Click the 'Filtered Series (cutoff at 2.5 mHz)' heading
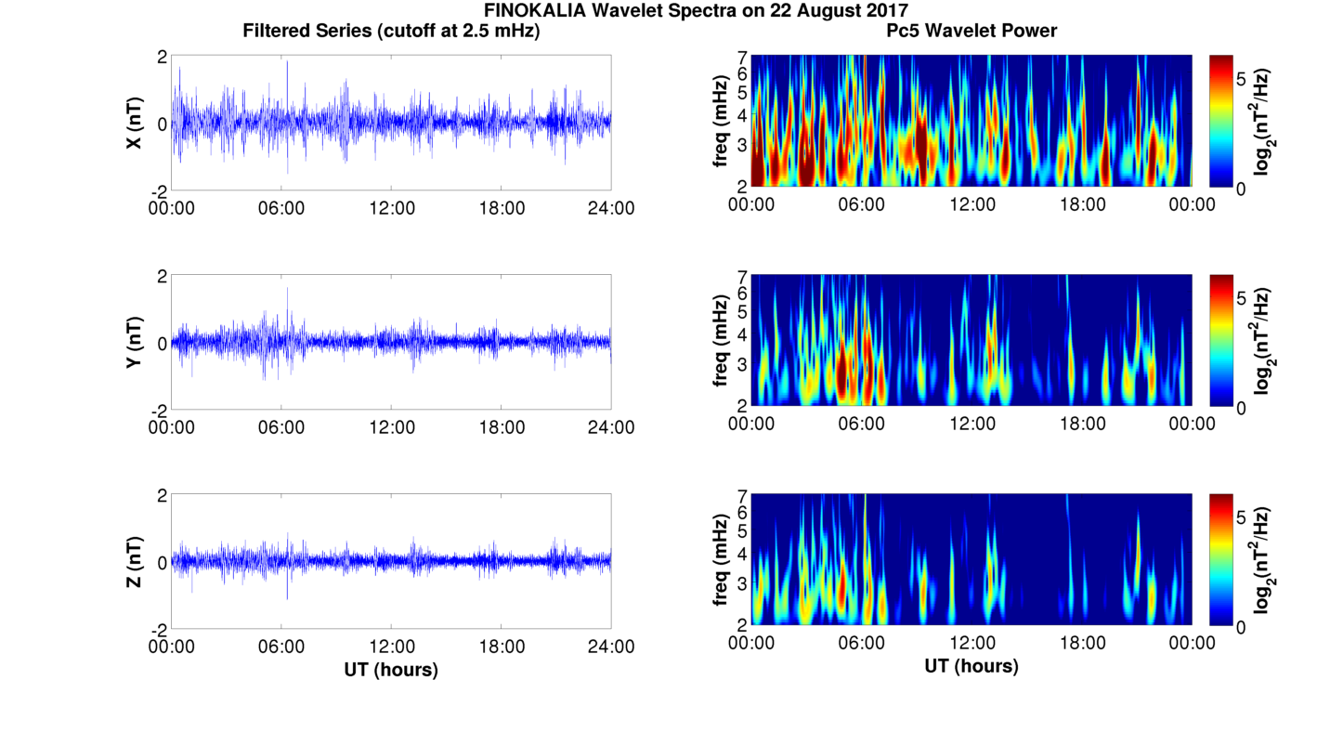[391, 31]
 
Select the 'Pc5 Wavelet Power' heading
[971, 31]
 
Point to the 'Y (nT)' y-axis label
[134, 342]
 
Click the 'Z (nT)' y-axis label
[134, 561]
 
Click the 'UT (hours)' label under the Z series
[391, 669]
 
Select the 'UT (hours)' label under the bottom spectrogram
[971, 666]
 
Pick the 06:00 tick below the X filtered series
[281, 208]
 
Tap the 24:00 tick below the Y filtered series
[611, 427]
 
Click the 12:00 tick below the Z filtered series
[392, 647]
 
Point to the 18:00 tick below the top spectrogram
[1082, 204]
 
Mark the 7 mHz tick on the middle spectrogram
[742, 276]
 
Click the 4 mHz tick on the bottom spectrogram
[742, 554]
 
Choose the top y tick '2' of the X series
[162, 57]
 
